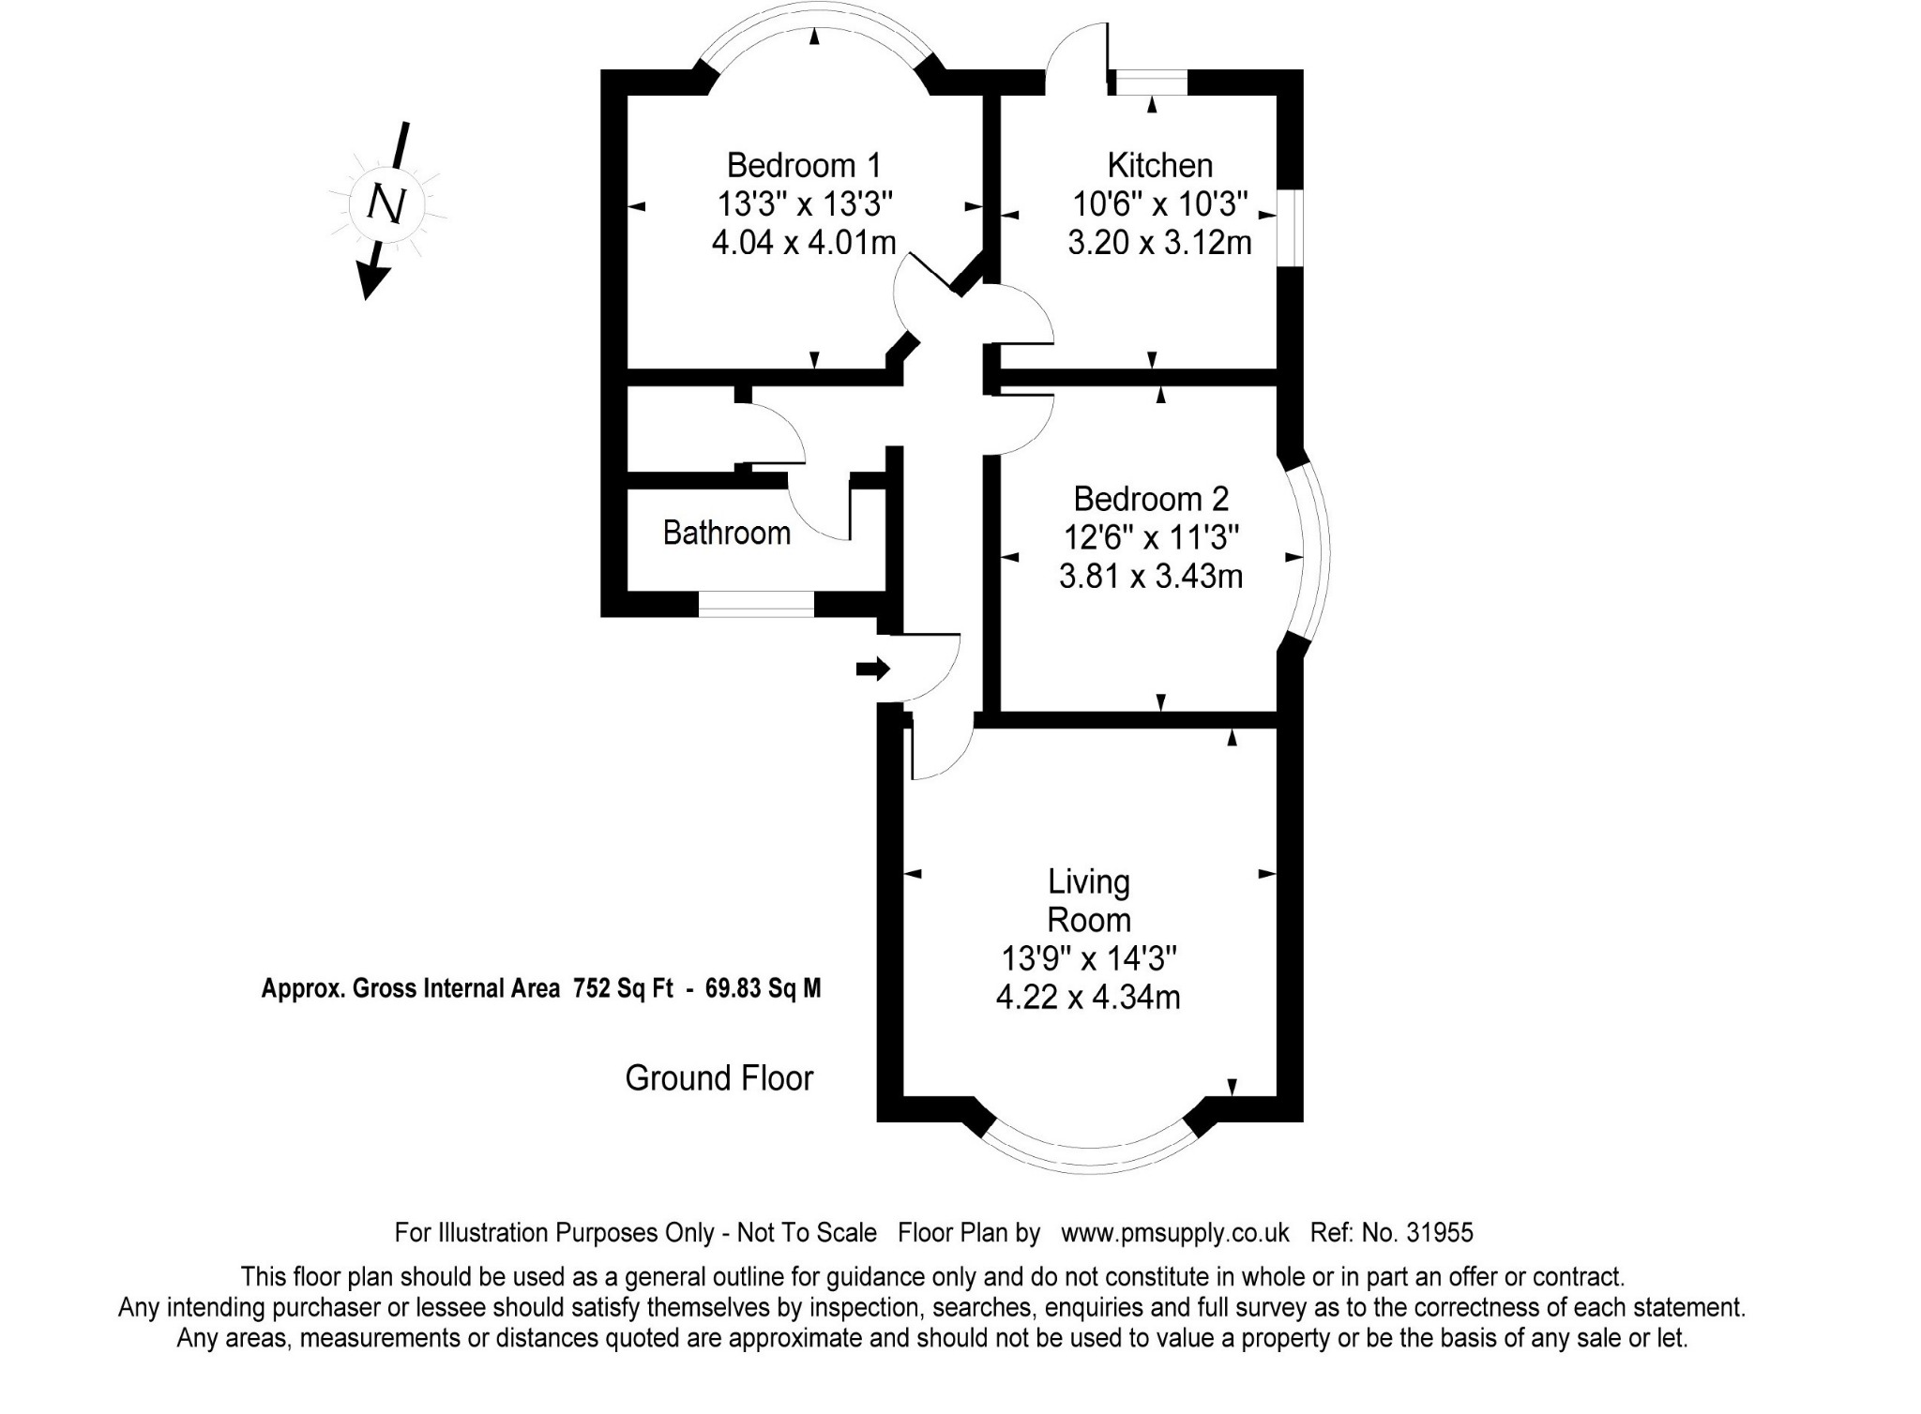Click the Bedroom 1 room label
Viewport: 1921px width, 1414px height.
click(x=804, y=165)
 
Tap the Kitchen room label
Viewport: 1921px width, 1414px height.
click(x=1160, y=165)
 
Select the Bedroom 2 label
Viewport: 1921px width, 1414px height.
click(x=1151, y=498)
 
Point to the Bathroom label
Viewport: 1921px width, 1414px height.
click(x=727, y=533)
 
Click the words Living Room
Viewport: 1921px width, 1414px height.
click(x=1089, y=900)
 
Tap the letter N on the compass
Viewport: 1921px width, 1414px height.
click(x=386, y=203)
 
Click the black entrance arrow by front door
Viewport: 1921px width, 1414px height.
click(x=872, y=669)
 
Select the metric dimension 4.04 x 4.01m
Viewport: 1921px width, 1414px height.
click(x=804, y=243)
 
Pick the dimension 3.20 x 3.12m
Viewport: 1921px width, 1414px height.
click(x=1160, y=243)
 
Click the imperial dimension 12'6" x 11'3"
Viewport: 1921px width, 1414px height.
click(x=1151, y=537)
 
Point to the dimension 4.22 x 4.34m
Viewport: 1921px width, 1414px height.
click(x=1088, y=997)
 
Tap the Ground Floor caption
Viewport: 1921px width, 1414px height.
click(x=719, y=1078)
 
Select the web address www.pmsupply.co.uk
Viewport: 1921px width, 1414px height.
click(x=1175, y=1232)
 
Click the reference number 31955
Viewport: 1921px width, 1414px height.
click(x=1440, y=1232)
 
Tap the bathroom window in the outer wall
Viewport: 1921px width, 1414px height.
click(x=756, y=604)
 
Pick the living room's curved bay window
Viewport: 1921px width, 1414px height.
click(x=1089, y=1159)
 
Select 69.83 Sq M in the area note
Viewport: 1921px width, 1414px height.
click(x=763, y=988)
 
